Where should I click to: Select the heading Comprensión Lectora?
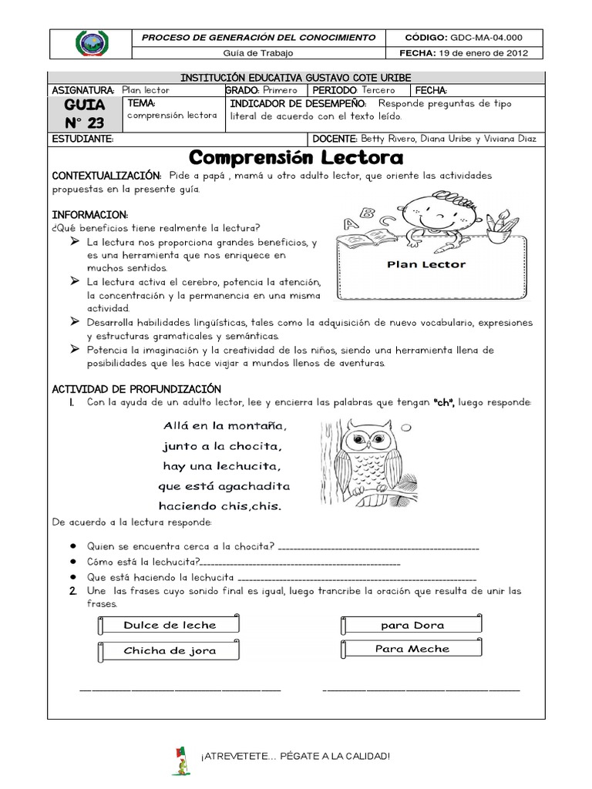pyautogui.click(x=296, y=158)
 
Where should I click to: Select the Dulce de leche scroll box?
pyautogui.click(x=170, y=625)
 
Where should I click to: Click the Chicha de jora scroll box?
pyautogui.click(x=170, y=651)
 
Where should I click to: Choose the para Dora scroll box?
pyautogui.click(x=412, y=625)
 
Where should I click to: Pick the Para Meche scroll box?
pyautogui.click(x=412, y=649)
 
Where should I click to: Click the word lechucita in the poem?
pyautogui.click(x=244, y=466)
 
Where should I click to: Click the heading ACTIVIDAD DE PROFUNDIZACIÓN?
pyautogui.click(x=136, y=388)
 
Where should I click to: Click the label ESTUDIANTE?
pyautogui.click(x=82, y=139)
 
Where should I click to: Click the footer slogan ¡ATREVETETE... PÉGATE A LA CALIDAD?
pyautogui.click(x=295, y=756)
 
